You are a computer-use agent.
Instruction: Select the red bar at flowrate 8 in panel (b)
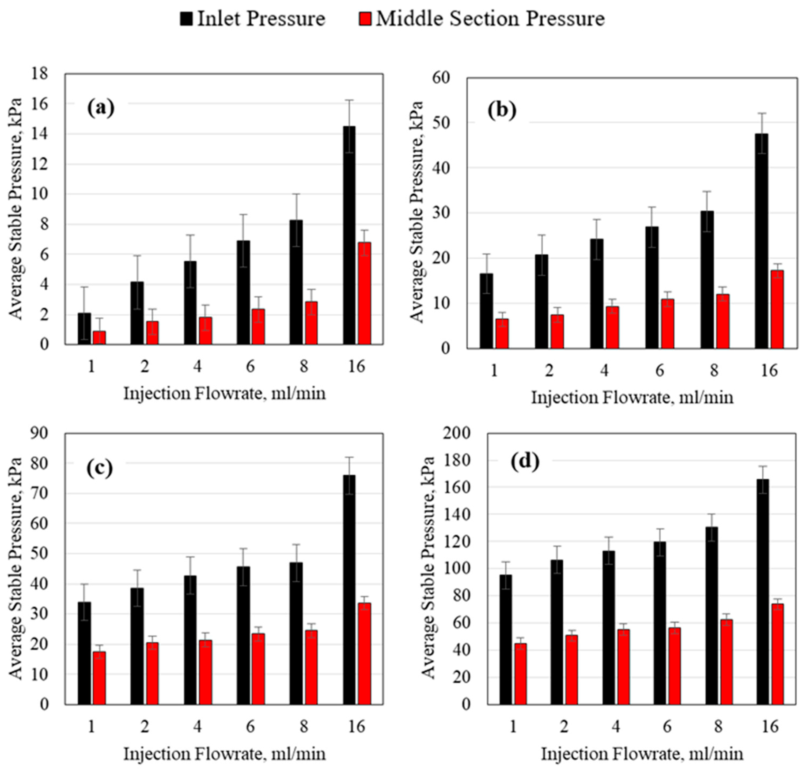pyautogui.click(x=723, y=321)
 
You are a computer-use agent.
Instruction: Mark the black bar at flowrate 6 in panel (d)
pyautogui.click(x=660, y=623)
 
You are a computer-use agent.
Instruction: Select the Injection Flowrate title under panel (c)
pyautogui.click(x=225, y=754)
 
